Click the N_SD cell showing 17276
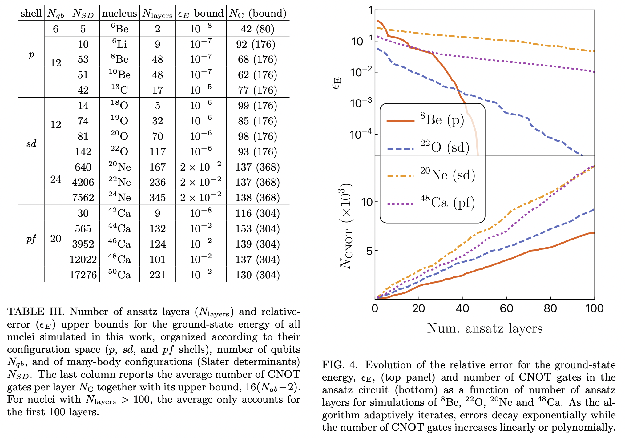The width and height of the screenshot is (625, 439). pos(83,275)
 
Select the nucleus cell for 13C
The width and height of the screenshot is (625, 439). pos(119,90)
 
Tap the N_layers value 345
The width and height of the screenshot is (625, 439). pos(157,198)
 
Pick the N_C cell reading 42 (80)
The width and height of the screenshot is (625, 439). pos(257,29)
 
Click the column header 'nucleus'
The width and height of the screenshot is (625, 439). pos(119,13)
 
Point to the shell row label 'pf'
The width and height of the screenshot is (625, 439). pos(31,239)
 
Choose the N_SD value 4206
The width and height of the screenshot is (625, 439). pos(83,182)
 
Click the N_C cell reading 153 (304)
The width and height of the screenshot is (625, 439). pos(257,229)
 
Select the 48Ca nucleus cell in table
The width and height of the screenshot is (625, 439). pos(119,259)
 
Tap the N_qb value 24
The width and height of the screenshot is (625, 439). pos(56,179)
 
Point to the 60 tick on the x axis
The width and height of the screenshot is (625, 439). pos(506,308)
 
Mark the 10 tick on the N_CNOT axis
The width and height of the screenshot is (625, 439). pos(367,202)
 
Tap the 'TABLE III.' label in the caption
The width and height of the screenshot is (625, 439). pos(36,312)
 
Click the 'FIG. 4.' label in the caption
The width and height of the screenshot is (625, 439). pos(340,365)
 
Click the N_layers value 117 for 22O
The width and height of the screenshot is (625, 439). pos(157,152)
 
